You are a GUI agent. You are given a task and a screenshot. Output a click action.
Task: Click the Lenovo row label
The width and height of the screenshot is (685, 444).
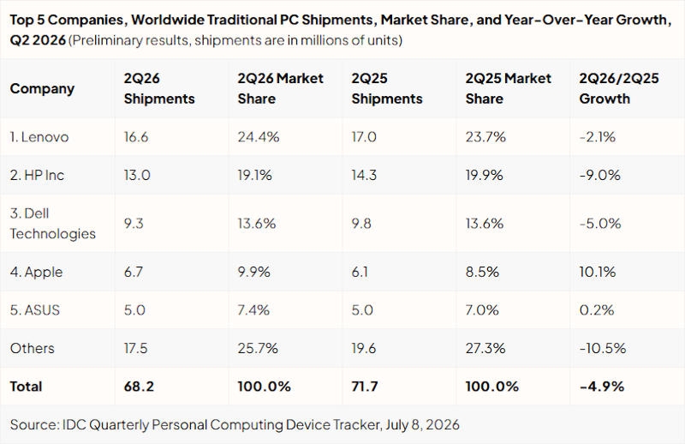(39, 137)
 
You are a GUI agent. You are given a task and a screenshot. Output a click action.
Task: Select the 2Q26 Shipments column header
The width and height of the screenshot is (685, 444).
(159, 88)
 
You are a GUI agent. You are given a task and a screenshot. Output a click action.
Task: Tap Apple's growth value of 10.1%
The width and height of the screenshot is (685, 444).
(597, 272)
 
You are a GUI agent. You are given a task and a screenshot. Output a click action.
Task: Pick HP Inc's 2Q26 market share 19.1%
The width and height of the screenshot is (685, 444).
(254, 175)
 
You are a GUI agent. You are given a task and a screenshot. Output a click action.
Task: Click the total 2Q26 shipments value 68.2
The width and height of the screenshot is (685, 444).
(139, 387)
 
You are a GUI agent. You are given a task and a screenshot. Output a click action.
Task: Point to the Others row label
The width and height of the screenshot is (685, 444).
(33, 348)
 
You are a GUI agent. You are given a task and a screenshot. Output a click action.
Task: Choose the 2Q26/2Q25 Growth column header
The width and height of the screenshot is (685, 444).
(618, 88)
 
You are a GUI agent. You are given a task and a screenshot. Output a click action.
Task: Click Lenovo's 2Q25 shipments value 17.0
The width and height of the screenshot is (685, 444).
(364, 137)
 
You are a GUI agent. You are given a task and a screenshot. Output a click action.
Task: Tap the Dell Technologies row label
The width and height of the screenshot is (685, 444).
(53, 224)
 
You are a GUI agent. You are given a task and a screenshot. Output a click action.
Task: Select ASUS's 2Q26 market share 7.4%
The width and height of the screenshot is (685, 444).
(253, 309)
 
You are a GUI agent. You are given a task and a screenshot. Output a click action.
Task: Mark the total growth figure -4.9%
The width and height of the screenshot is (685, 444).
(602, 387)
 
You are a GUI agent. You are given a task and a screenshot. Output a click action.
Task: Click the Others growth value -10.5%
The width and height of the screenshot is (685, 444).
(603, 348)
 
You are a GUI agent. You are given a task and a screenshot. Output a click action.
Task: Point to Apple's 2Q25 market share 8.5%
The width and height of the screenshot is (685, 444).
(482, 272)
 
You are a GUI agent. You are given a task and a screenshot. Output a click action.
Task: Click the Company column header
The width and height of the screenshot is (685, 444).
(42, 88)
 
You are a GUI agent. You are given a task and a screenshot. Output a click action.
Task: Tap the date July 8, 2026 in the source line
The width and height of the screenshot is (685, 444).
(422, 424)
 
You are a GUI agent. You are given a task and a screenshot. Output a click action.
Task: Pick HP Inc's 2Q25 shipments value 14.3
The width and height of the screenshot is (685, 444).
(364, 175)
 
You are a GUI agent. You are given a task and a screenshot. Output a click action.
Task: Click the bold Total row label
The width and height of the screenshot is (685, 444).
(27, 387)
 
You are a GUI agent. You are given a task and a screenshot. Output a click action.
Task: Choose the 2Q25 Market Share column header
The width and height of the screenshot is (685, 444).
(508, 88)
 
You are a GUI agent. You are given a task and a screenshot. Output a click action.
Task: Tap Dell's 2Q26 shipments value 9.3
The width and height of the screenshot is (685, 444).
(134, 224)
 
